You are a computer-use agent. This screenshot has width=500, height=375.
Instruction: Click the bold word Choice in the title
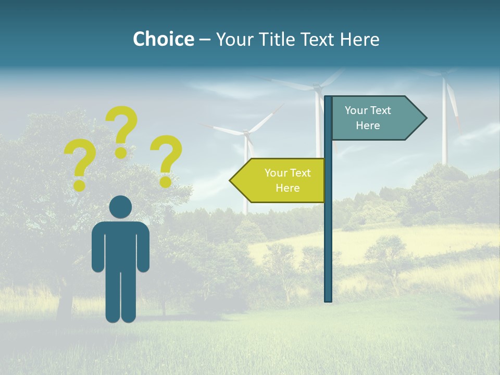tap(163, 39)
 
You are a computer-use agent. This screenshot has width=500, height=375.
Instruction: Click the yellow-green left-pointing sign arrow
tap(281, 180)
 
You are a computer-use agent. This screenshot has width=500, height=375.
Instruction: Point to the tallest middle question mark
tap(122, 127)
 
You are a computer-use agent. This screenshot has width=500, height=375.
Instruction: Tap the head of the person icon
tap(121, 207)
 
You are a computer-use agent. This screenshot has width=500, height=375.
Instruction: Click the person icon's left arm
tap(97, 247)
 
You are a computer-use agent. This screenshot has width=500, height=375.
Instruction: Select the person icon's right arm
tap(144, 247)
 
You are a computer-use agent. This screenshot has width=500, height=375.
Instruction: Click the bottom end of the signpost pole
tap(328, 298)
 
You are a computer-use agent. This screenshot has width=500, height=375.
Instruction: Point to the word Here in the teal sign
tap(368, 126)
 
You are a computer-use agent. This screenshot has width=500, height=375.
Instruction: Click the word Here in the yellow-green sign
tap(287, 188)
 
